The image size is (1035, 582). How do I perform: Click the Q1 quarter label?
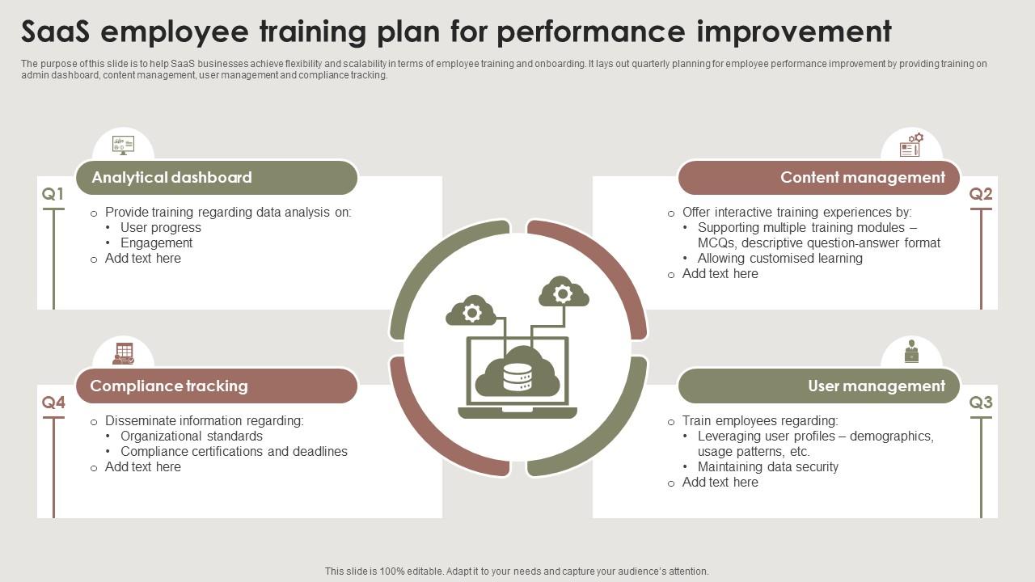pyautogui.click(x=53, y=194)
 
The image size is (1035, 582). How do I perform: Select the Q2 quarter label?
pyautogui.click(x=981, y=194)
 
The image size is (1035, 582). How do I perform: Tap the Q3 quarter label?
pyautogui.click(x=981, y=403)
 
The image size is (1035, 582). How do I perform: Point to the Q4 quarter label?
pyautogui.click(x=53, y=403)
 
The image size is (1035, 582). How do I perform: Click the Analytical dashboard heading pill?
pyautogui.click(x=217, y=178)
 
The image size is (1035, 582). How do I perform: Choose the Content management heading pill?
pyautogui.click(x=819, y=178)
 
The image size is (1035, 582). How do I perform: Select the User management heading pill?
pyautogui.click(x=819, y=386)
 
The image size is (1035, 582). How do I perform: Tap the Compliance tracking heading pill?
pyautogui.click(x=217, y=386)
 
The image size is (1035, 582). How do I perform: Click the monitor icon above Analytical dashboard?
pyautogui.click(x=124, y=145)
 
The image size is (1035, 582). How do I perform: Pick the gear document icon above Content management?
pyautogui.click(x=911, y=145)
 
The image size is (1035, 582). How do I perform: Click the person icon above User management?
pyautogui.click(x=911, y=352)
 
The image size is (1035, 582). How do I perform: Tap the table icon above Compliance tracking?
pyautogui.click(x=124, y=354)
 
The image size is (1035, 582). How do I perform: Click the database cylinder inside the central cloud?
pyautogui.click(x=517, y=377)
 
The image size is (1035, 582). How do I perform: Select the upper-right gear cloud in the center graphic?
pyautogui.click(x=564, y=293)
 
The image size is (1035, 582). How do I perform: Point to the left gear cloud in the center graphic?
pyautogui.click(x=471, y=311)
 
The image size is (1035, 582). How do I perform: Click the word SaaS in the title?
pyautogui.click(x=56, y=32)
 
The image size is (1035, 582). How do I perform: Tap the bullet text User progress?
pyautogui.click(x=161, y=228)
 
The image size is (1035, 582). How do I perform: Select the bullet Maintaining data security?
pyautogui.click(x=768, y=467)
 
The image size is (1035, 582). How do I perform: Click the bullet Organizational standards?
pyautogui.click(x=192, y=436)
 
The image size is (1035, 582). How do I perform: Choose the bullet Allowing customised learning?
pyautogui.click(x=780, y=258)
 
